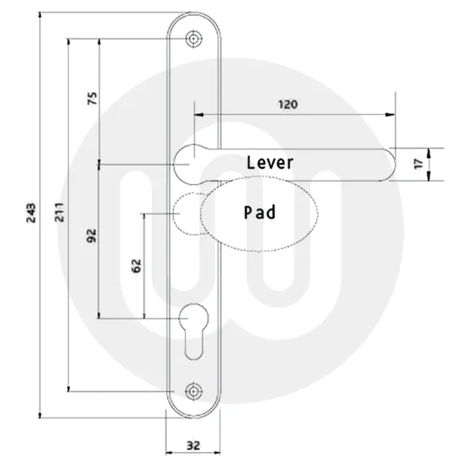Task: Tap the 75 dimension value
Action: click(92, 97)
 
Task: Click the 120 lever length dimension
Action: click(288, 104)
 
